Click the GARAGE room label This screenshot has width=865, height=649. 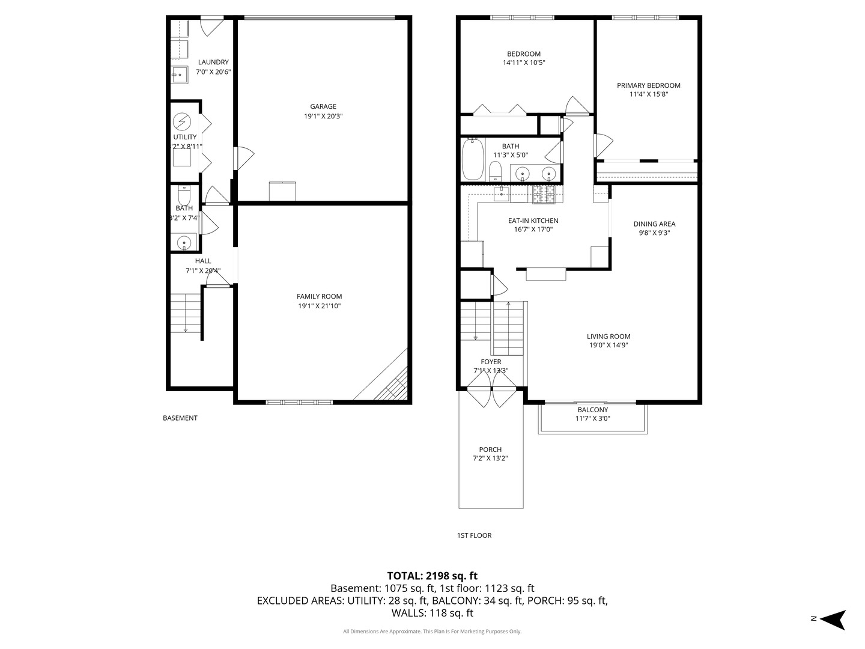click(x=323, y=107)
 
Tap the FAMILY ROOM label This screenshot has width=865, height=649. click(x=319, y=296)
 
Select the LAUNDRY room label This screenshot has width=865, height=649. click(x=213, y=62)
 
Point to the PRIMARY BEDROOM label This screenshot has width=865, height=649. click(x=649, y=85)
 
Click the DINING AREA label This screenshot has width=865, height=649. click(x=654, y=224)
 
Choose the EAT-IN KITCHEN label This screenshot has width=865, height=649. click(x=533, y=221)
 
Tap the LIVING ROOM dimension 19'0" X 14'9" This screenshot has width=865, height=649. click(x=609, y=345)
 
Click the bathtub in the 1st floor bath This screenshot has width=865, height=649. click(x=473, y=160)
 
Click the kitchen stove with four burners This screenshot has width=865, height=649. click(x=544, y=193)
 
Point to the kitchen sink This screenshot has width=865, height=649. click(x=502, y=193)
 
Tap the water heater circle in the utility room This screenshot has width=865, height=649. click(x=181, y=123)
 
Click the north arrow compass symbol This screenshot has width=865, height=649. click(x=833, y=619)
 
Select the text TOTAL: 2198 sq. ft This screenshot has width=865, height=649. click(x=432, y=576)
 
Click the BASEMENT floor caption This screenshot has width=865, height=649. click(x=180, y=418)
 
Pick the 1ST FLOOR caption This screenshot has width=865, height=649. click(x=474, y=535)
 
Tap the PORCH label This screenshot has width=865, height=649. click(x=490, y=449)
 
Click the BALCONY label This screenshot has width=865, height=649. click(x=592, y=410)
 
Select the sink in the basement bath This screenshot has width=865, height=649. click(x=184, y=242)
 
